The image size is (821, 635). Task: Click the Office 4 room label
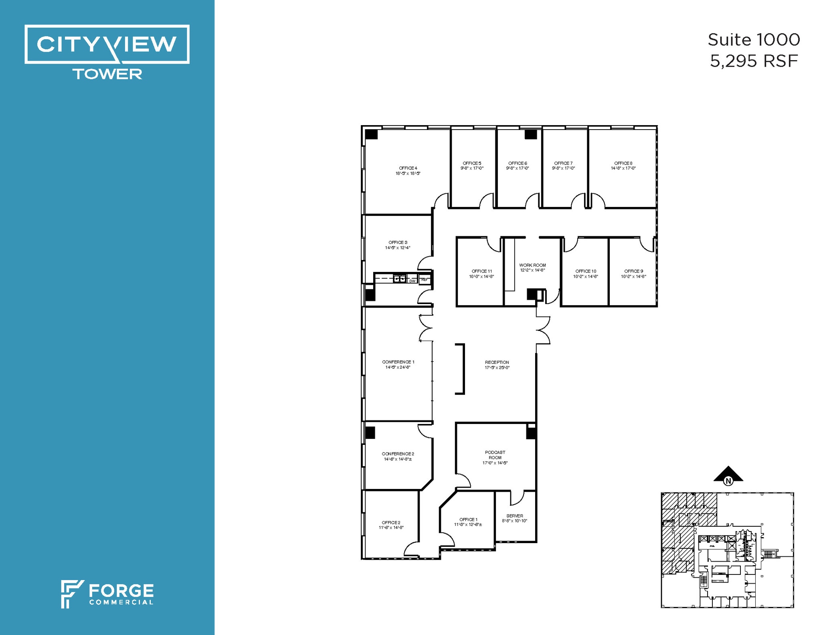(408, 168)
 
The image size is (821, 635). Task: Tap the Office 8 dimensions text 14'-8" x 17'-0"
(623, 168)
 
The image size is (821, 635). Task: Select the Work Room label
(532, 265)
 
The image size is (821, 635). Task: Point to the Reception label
(497, 362)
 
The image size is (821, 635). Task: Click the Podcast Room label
(495, 455)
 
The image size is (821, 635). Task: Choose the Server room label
(514, 516)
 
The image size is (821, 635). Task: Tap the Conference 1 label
(398, 362)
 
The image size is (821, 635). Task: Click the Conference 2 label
(398, 454)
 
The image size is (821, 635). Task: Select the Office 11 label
(481, 271)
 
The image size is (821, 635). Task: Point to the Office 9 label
(633, 271)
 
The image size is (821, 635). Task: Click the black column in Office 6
(531, 134)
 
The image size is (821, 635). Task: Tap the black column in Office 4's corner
(371, 134)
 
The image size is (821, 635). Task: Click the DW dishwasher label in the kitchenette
(412, 281)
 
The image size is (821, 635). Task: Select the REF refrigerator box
(424, 280)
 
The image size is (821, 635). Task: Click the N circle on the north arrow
(728, 481)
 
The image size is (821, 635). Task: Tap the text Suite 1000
(754, 40)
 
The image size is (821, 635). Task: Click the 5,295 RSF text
(754, 61)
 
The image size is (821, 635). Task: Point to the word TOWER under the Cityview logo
(107, 74)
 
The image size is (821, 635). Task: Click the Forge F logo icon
(71, 594)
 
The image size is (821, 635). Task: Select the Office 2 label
(391, 522)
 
